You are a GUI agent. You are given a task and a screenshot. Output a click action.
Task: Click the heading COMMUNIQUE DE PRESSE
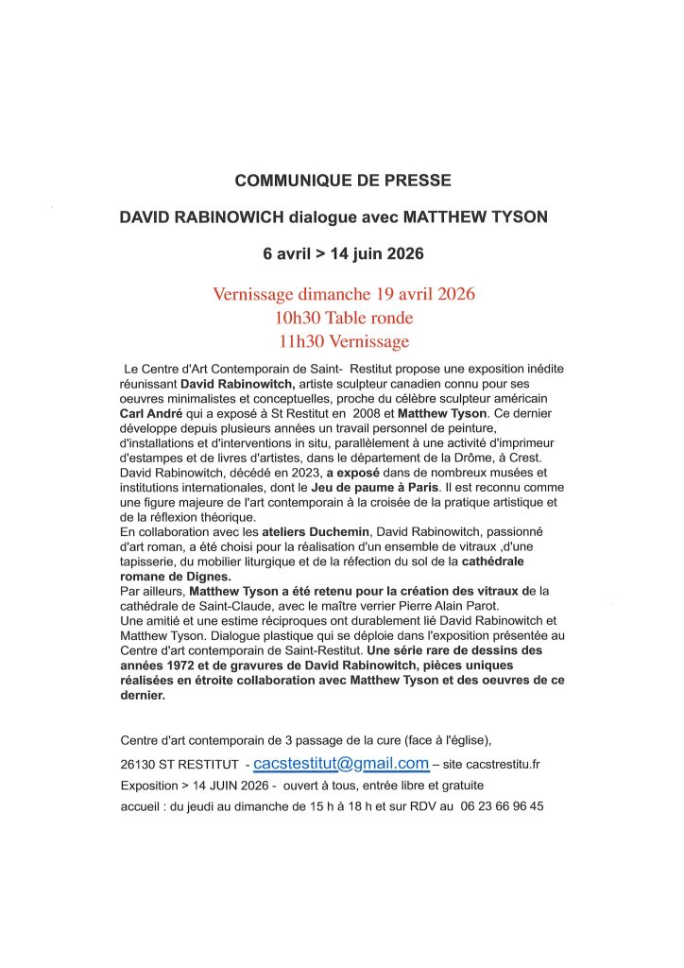(343, 180)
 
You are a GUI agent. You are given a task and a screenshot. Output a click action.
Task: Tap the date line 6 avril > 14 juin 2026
(343, 254)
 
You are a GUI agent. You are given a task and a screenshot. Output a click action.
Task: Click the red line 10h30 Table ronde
(343, 318)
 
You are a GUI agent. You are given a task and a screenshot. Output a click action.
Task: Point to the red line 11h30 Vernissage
(343, 341)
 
